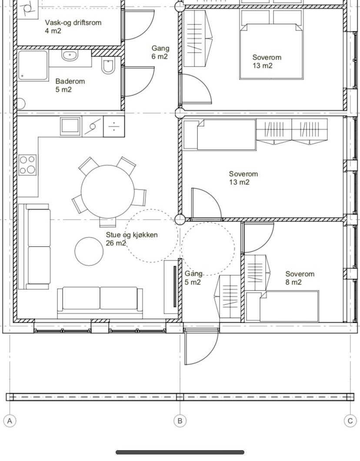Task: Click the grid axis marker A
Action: coord(10,421)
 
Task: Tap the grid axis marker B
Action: coord(180,421)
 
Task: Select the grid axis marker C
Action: coord(350,421)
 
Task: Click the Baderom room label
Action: coord(70,85)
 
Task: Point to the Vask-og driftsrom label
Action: coord(73,27)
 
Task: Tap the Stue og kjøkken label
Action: coord(131,239)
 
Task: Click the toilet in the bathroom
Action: coord(107,65)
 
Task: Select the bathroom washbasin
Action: coord(70,55)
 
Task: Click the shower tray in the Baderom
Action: coord(33,65)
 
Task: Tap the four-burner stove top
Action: coord(28,165)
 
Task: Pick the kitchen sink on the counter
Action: coord(70,126)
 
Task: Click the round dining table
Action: coord(107,191)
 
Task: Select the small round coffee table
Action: coord(89,251)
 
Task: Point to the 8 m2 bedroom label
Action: coord(300,278)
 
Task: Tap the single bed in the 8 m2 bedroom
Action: coord(283,306)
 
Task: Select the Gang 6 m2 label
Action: coord(160,52)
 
